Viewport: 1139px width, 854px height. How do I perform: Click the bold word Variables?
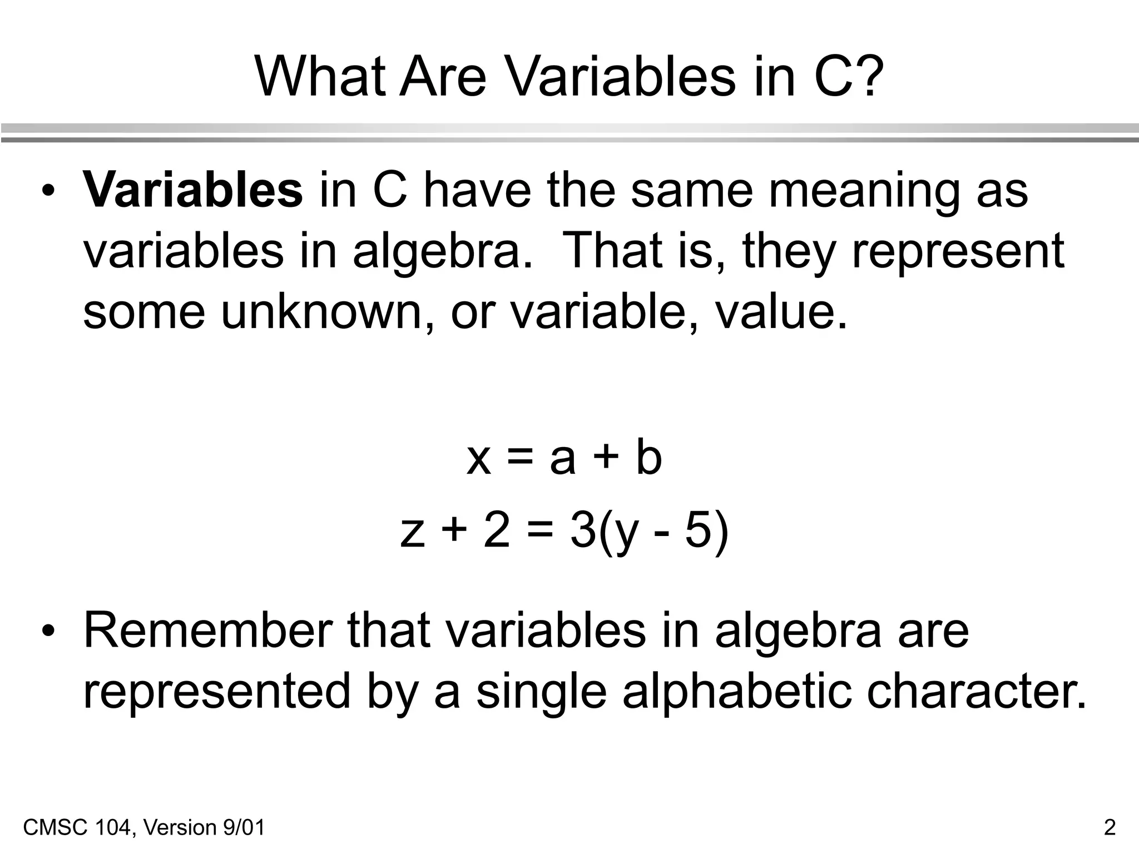192,190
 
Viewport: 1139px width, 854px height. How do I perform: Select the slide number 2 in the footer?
1110,827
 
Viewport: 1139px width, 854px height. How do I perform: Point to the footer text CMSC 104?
78,827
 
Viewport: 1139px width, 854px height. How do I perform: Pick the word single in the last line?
541,693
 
